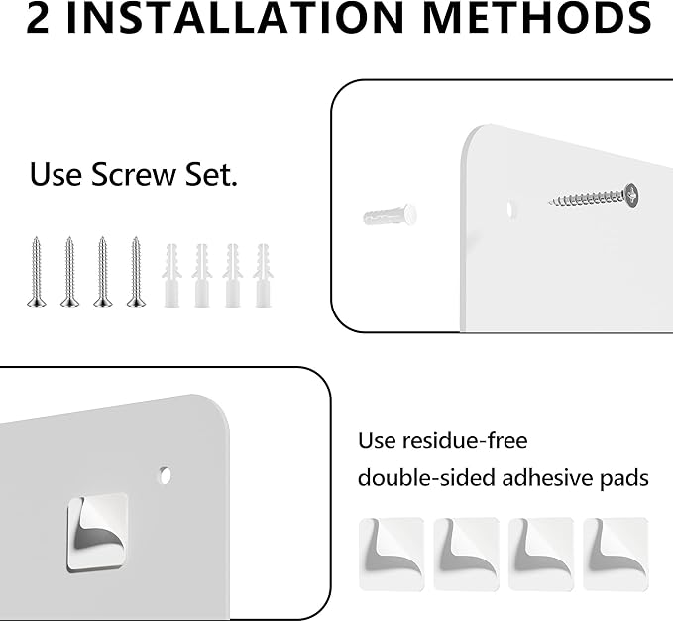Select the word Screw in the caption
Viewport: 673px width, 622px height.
[x=134, y=174]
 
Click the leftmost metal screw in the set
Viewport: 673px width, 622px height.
[x=36, y=272]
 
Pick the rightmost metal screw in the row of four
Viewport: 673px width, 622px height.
[x=136, y=272]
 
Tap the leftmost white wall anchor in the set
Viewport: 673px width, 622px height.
[x=171, y=276]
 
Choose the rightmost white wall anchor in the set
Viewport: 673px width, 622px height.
[x=263, y=276]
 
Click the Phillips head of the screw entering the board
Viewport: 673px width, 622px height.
[x=631, y=195]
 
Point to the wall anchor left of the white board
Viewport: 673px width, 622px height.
[x=391, y=215]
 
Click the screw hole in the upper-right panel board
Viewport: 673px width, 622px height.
[x=509, y=209]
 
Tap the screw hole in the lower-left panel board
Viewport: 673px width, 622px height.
[x=165, y=475]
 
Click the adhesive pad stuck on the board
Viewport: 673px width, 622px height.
[x=97, y=533]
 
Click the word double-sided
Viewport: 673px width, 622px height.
[x=426, y=478]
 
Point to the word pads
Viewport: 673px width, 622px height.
[x=624, y=478]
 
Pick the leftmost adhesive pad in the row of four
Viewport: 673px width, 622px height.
[x=392, y=555]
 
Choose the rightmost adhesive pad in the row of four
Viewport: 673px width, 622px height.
[x=616, y=555]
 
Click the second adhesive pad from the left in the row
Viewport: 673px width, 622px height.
[x=466, y=555]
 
